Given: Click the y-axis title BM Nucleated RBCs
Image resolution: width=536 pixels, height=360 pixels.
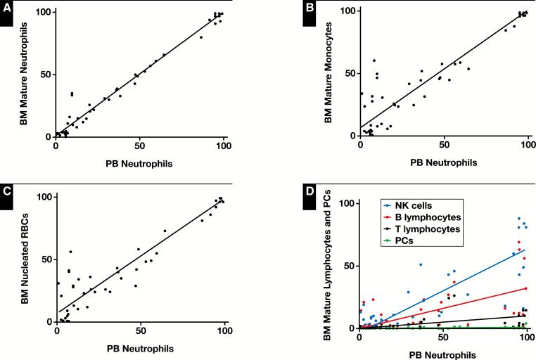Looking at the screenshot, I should coord(23,259).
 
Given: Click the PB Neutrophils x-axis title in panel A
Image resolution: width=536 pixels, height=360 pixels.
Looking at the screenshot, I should coord(139,164).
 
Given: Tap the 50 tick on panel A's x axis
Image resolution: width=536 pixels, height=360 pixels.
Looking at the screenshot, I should coord(139,147).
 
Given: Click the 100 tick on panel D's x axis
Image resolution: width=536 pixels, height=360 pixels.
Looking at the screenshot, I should coord(528,339).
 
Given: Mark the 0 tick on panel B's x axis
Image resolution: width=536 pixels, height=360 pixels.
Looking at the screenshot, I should coord(360,146).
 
